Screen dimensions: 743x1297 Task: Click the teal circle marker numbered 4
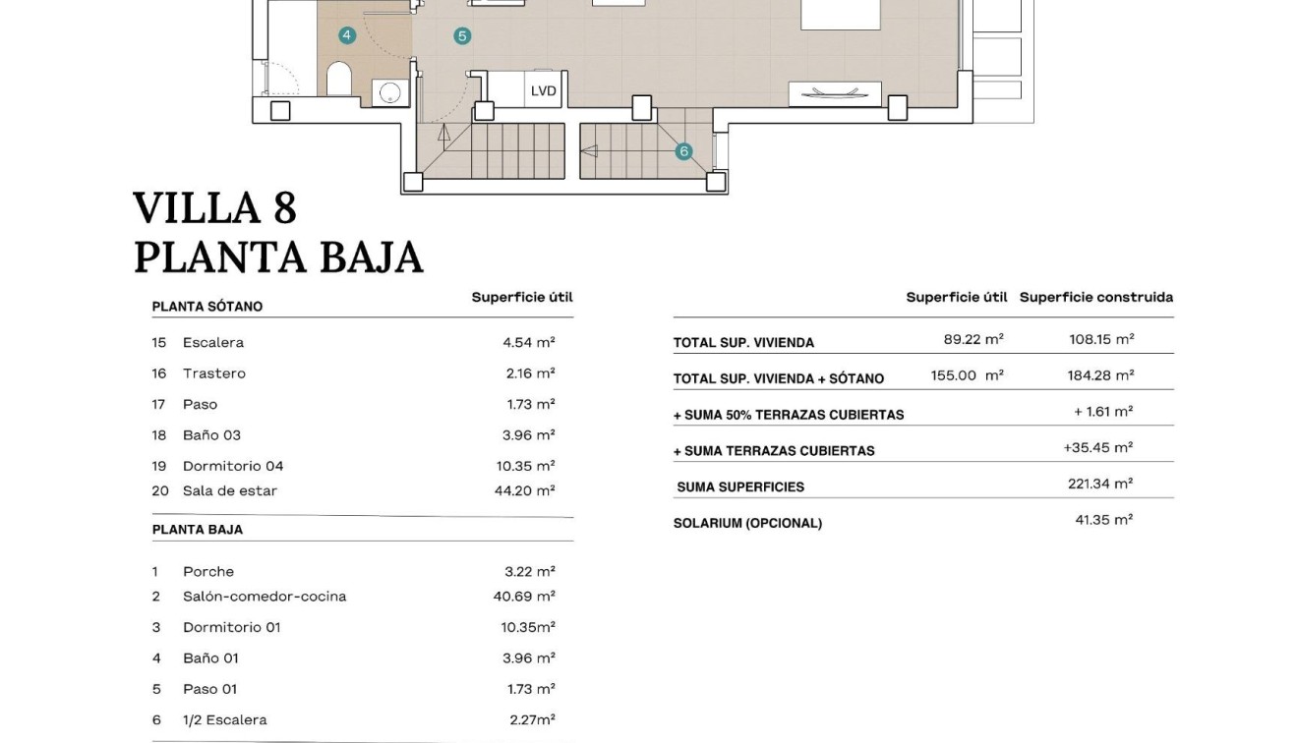(346, 35)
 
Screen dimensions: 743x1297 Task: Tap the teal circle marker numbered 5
(462, 36)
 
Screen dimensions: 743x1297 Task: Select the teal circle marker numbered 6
(683, 151)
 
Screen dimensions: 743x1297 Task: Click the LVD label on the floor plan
(544, 91)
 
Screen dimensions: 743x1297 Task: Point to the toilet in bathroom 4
(339, 79)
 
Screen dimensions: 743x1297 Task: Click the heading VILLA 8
(214, 208)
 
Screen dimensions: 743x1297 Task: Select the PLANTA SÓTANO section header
(207, 307)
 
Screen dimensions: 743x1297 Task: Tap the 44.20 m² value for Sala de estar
(524, 490)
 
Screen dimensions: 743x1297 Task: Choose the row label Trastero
(214, 373)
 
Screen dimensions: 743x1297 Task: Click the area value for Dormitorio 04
(525, 466)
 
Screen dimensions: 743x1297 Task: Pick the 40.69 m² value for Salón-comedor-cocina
(524, 596)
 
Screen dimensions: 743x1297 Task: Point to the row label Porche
(208, 571)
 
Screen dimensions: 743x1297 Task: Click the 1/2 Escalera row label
(224, 719)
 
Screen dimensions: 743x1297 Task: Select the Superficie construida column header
(1095, 297)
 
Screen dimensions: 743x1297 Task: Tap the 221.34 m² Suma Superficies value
(1100, 484)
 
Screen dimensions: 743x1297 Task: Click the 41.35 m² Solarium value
(1103, 520)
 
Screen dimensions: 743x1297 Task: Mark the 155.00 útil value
(967, 375)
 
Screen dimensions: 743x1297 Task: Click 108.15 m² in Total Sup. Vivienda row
(1101, 339)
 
